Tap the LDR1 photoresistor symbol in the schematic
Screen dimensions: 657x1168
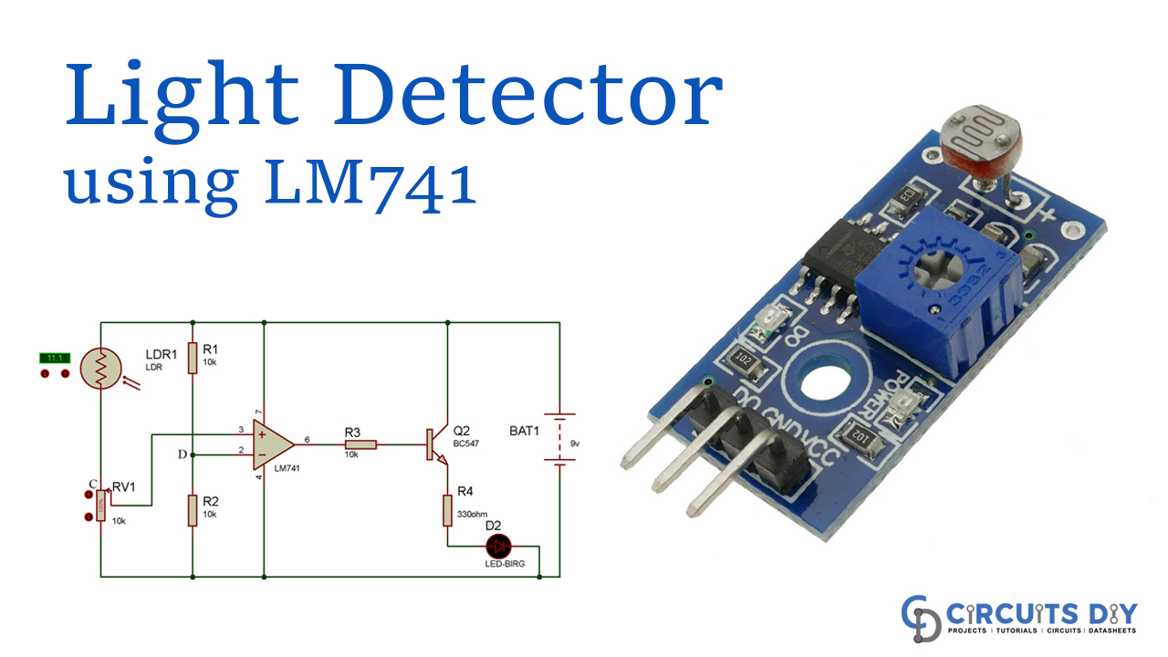(x=99, y=370)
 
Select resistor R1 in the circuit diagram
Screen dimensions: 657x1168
(x=193, y=358)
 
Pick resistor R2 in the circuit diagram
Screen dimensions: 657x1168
(x=193, y=510)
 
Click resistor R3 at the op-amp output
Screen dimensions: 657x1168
(x=360, y=445)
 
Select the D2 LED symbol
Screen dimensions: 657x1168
(x=497, y=547)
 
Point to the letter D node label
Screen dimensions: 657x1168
(x=182, y=453)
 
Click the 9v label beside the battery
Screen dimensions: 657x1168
(x=576, y=443)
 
